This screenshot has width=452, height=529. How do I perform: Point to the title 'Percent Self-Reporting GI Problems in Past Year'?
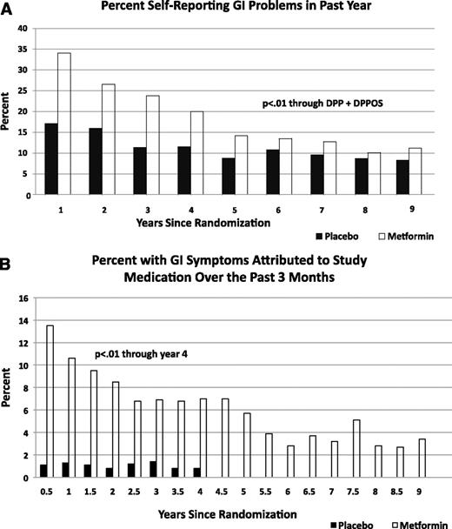tap(236, 11)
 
